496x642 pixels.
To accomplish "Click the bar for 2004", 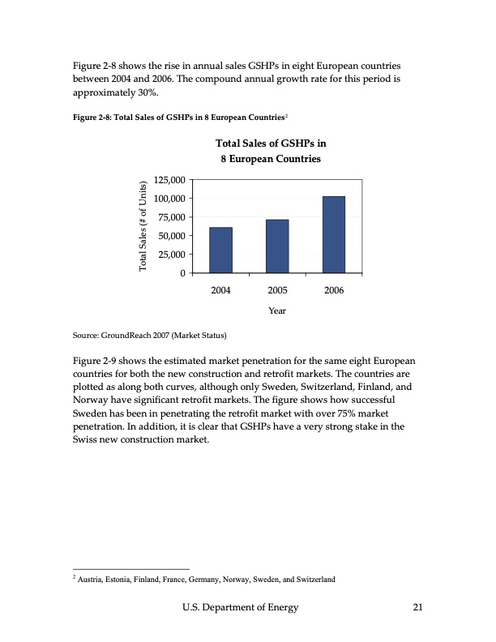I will click(x=220, y=250).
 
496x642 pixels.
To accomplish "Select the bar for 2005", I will click(x=277, y=246).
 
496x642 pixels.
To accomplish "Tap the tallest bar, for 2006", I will click(x=333, y=234).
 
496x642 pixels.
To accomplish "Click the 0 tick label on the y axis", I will click(x=183, y=273).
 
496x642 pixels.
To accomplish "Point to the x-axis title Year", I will click(x=277, y=310).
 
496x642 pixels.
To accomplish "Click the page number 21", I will click(x=417, y=608).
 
